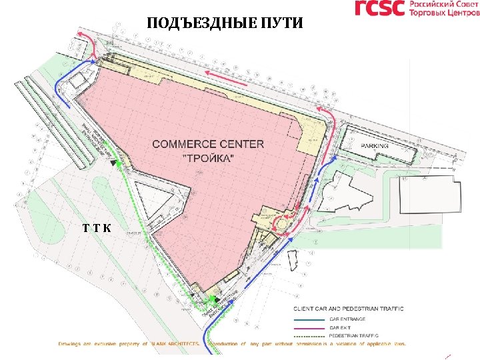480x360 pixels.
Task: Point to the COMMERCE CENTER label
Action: (208, 144)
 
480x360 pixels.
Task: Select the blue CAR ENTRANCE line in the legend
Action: (311, 319)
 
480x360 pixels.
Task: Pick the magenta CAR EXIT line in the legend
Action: (311, 327)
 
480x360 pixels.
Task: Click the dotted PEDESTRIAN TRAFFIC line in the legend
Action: (311, 335)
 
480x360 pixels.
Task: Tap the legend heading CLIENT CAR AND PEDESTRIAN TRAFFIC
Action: (349, 309)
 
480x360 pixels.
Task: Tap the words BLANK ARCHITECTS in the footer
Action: (177, 344)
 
